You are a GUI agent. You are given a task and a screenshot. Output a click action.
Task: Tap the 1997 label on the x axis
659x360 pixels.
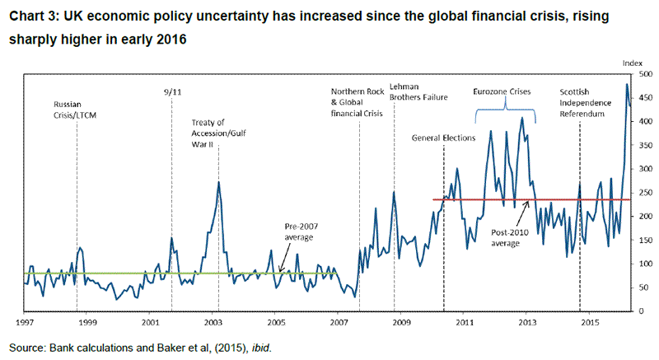point(25,324)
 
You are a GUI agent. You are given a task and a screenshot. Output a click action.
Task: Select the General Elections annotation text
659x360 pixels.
point(444,138)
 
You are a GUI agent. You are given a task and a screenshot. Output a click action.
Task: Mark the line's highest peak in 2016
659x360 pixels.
point(628,84)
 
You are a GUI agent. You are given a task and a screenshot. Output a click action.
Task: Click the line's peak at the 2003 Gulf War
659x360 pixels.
point(218,182)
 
